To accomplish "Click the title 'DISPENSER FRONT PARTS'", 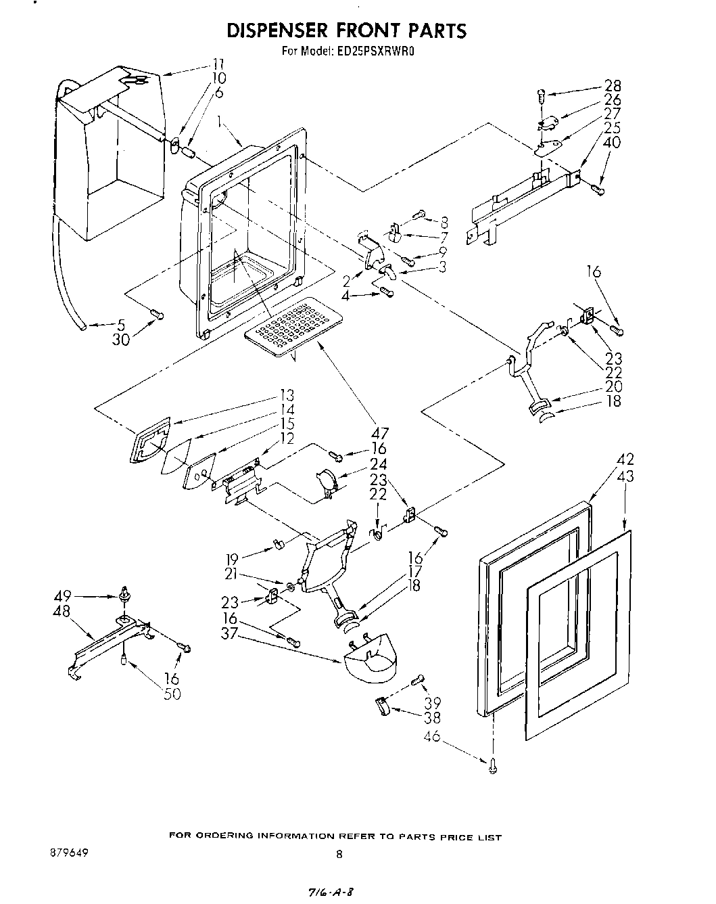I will click(x=346, y=30).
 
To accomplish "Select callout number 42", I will click(x=624, y=461).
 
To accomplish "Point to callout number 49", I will click(x=63, y=596).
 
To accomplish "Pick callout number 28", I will click(x=613, y=86).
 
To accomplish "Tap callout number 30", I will click(x=121, y=340).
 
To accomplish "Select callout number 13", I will click(x=286, y=396).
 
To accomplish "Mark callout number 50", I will click(x=172, y=694).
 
